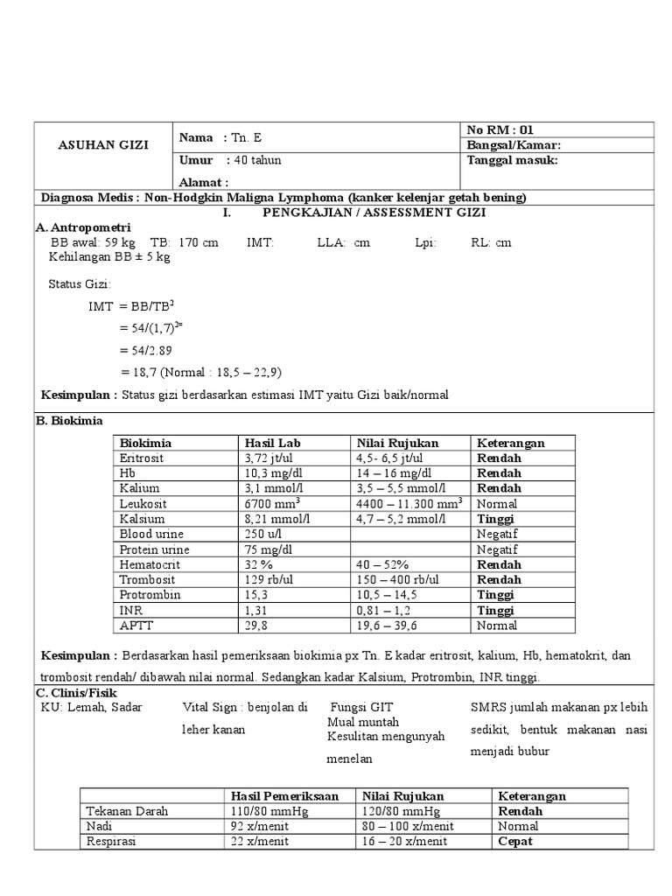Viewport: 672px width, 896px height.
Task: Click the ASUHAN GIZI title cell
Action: click(x=104, y=144)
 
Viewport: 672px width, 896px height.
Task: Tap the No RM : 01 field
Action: click(x=501, y=129)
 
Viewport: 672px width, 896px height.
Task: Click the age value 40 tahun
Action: click(x=256, y=160)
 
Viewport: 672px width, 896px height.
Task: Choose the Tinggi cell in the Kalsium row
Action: click(x=494, y=519)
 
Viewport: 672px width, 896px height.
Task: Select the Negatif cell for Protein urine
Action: click(x=497, y=549)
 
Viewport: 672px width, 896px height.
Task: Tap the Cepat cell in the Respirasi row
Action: click(x=515, y=842)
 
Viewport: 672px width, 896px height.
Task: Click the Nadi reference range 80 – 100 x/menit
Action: click(x=403, y=826)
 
